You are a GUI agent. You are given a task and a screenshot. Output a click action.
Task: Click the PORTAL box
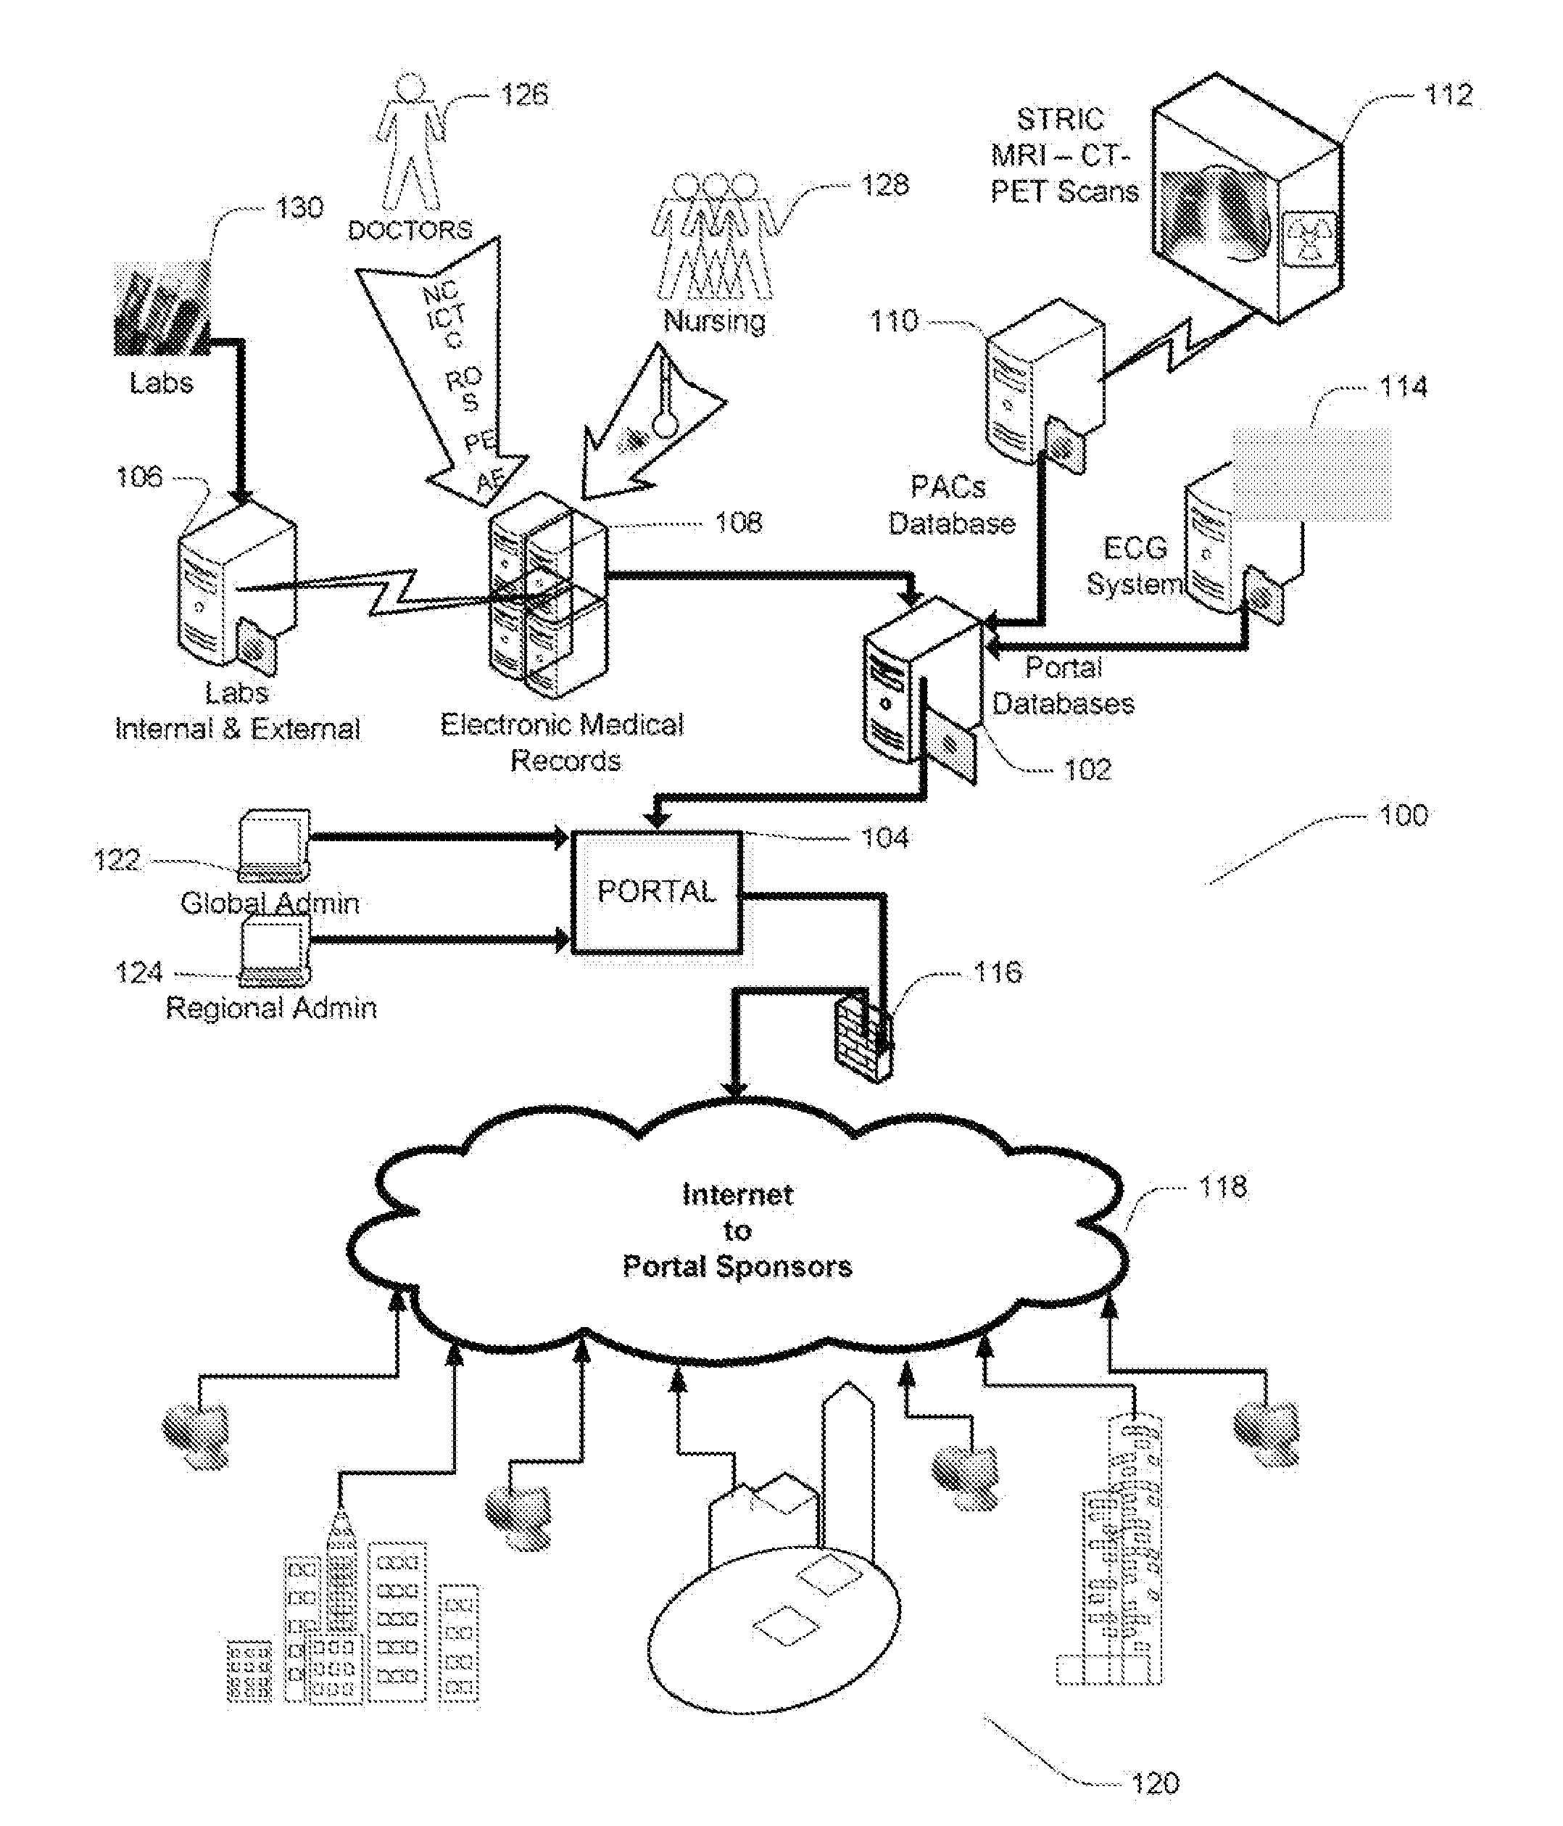pos(656,891)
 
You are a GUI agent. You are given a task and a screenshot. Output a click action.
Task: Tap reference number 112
pos(1448,94)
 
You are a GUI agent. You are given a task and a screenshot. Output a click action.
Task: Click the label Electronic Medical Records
pos(562,742)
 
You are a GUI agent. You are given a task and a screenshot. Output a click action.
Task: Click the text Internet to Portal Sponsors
pos(737,1230)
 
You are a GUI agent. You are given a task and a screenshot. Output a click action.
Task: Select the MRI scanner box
pos(1247,198)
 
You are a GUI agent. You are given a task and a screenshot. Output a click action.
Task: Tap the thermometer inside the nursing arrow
pos(667,401)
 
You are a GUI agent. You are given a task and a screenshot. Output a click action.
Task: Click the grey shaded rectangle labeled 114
pos(1311,474)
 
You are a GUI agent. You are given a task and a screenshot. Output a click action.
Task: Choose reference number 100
pos(1403,815)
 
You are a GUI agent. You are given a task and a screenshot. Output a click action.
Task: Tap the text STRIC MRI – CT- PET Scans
pos(1064,155)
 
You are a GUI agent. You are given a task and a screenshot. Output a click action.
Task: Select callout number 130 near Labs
pos(299,208)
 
